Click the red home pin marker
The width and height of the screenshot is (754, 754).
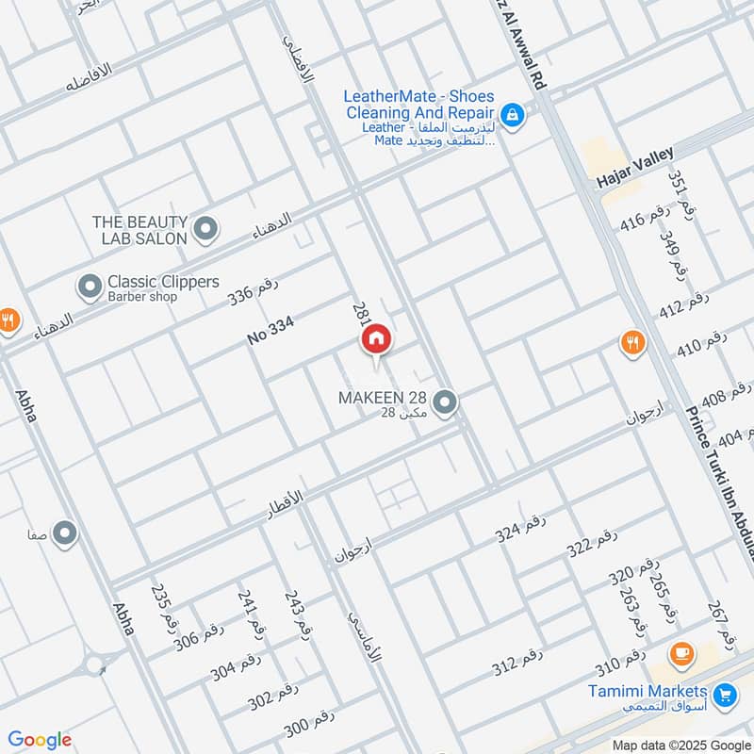pos(376,339)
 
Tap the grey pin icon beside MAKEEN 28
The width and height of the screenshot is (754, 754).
pos(446,402)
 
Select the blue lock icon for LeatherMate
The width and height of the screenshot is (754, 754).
pos(512,115)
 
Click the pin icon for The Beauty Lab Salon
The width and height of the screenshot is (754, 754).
pos(205,227)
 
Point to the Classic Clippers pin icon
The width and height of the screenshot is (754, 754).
pos(90,286)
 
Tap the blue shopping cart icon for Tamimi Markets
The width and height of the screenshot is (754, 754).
pos(724,696)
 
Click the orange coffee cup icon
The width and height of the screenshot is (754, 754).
pos(680,652)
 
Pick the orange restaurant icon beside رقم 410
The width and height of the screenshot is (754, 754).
pos(633,343)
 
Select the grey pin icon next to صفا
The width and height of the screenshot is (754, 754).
pos(65,535)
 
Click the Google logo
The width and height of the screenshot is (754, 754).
pos(40,740)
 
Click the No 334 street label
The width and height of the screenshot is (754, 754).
pos(271,330)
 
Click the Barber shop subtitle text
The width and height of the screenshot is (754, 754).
pos(142,297)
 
